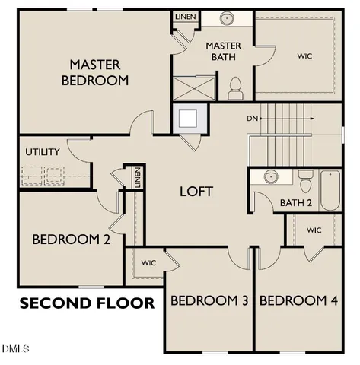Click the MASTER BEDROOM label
98,71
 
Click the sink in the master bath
228,18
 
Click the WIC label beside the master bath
304,56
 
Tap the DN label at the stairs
253,119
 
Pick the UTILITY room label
43,151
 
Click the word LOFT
196,191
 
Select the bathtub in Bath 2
330,191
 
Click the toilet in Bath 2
306,182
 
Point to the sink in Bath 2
269,177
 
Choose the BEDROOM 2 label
72,239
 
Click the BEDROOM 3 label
209,301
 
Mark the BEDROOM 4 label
298,301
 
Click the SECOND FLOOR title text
87,303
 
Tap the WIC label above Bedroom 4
314,230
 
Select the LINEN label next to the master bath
184,16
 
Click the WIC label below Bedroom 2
147,263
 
